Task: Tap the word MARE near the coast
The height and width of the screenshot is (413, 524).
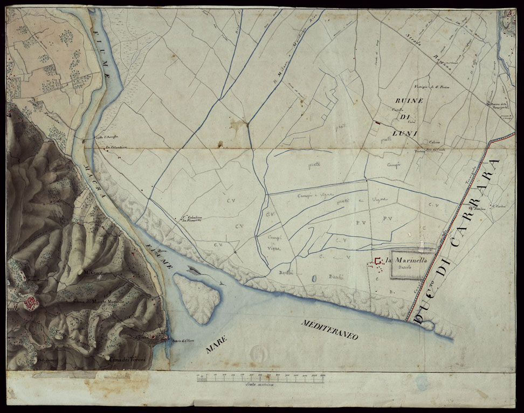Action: click(x=218, y=343)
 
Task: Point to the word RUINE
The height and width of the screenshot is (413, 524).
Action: click(x=410, y=101)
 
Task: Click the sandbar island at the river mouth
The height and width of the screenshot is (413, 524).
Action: click(x=197, y=298)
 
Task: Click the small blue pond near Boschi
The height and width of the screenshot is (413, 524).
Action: click(x=314, y=279)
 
